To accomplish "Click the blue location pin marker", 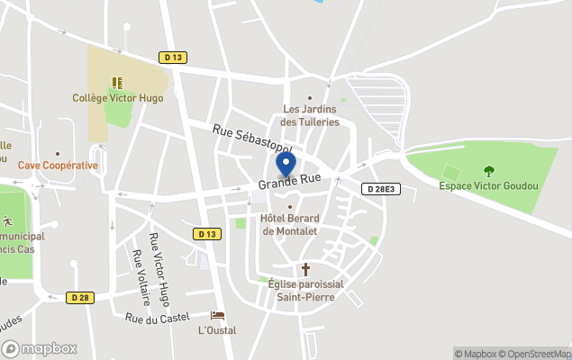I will click(286, 166).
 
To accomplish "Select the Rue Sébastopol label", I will click(253, 139).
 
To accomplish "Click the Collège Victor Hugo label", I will click(118, 97).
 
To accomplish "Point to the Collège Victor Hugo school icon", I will click(117, 83).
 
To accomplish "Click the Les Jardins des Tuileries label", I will click(310, 115).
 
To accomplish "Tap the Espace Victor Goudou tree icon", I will click(489, 171).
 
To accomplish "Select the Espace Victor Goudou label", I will click(488, 186).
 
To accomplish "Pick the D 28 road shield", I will click(79, 297).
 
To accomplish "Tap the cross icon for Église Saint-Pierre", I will click(305, 269).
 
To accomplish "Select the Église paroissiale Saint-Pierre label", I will click(305, 290).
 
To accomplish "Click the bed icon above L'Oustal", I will click(217, 316).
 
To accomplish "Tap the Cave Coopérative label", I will click(58, 166).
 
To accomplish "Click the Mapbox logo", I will click(40, 348).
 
